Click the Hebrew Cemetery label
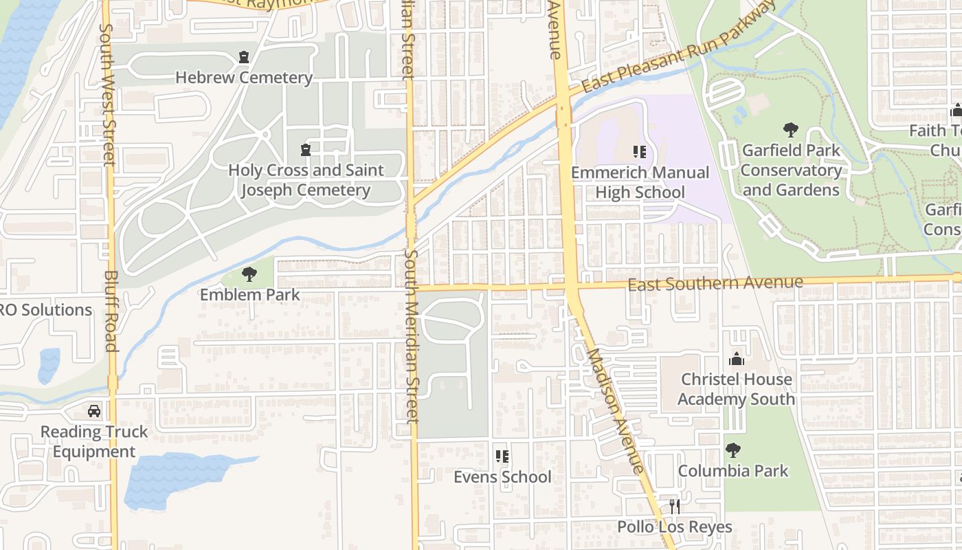pos(244,78)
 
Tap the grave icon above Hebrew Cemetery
pos(244,57)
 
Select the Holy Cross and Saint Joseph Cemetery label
pos(306,180)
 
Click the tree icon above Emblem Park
pos(249,275)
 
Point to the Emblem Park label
pos(250,295)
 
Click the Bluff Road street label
pos(111,311)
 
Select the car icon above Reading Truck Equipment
pos(94,411)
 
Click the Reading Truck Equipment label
pos(94,441)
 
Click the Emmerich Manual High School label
pos(640,182)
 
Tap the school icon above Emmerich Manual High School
pos(640,151)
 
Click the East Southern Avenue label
pos(715,283)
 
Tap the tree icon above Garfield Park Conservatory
pos(791,129)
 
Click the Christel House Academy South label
pos(736,389)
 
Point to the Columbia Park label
pos(733,471)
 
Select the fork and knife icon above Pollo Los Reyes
pos(675,507)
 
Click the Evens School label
pos(502,476)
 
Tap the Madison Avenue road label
pos(615,410)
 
